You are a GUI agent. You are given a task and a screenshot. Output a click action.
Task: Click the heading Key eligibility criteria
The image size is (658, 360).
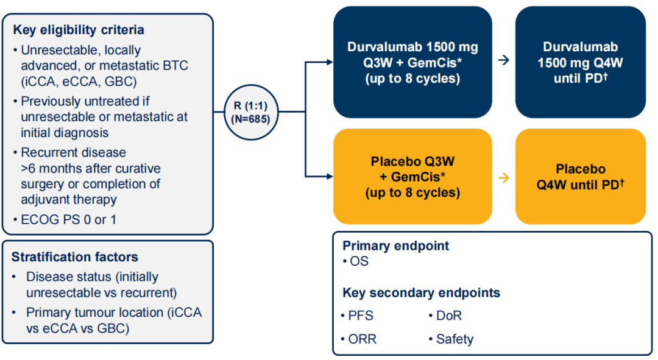79,30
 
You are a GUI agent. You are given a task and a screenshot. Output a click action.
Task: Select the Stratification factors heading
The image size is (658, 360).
75,257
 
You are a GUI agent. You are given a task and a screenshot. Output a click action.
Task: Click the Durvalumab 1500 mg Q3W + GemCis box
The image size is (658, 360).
412,63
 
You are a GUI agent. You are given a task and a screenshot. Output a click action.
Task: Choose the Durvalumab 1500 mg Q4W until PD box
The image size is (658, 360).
580,63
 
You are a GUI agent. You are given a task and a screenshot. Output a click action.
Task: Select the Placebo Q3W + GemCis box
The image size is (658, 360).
412,177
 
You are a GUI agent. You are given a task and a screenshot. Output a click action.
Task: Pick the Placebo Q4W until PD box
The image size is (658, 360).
580,177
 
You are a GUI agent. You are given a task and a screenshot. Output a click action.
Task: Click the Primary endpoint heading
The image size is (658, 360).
395,246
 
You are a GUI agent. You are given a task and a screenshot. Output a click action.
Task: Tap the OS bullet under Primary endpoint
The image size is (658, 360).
359,262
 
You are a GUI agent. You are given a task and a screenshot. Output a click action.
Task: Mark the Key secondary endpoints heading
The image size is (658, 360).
421,292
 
